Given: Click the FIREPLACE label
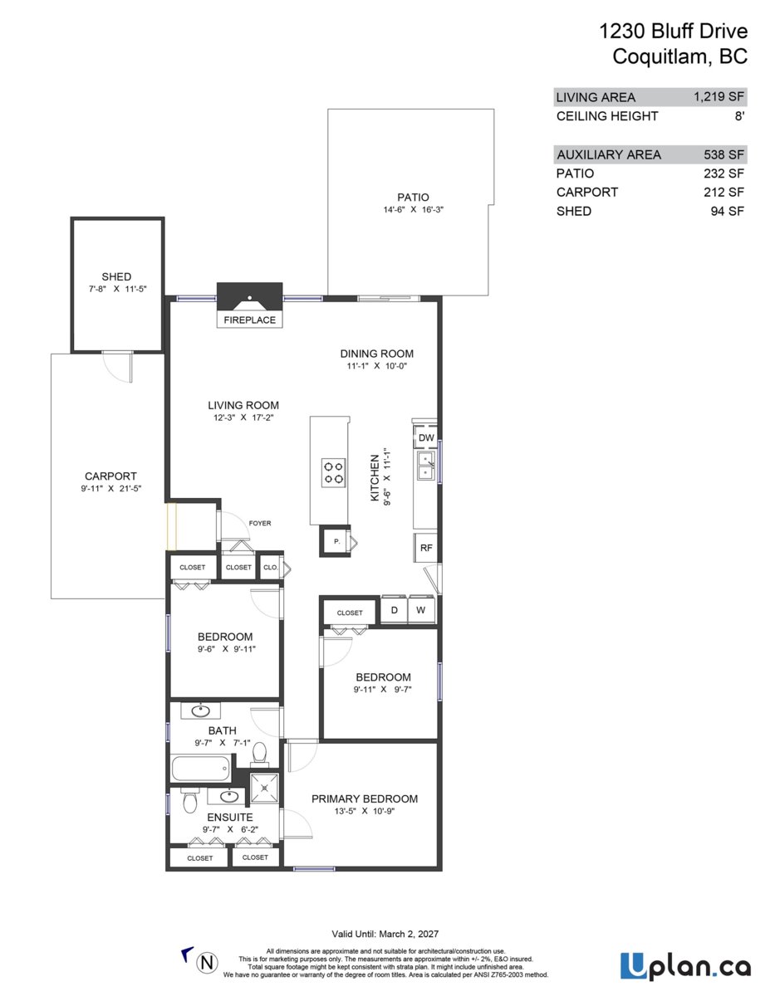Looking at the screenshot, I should (249, 320).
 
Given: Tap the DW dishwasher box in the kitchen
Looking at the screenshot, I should (426, 437).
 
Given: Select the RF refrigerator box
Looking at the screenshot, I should (426, 548).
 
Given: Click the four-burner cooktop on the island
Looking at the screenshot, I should (333, 472).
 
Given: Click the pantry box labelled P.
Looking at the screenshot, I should (337, 541).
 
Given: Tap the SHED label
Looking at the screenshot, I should (116, 276).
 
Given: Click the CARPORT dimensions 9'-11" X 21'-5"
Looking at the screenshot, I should (110, 489).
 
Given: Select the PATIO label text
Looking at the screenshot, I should (413, 198).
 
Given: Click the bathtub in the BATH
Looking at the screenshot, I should (201, 768).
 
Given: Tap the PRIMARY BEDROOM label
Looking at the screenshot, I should (364, 798).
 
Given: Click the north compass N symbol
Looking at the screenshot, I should (207, 963).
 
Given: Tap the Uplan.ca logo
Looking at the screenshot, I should (685, 966).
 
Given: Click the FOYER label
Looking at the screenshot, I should (260, 524).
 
